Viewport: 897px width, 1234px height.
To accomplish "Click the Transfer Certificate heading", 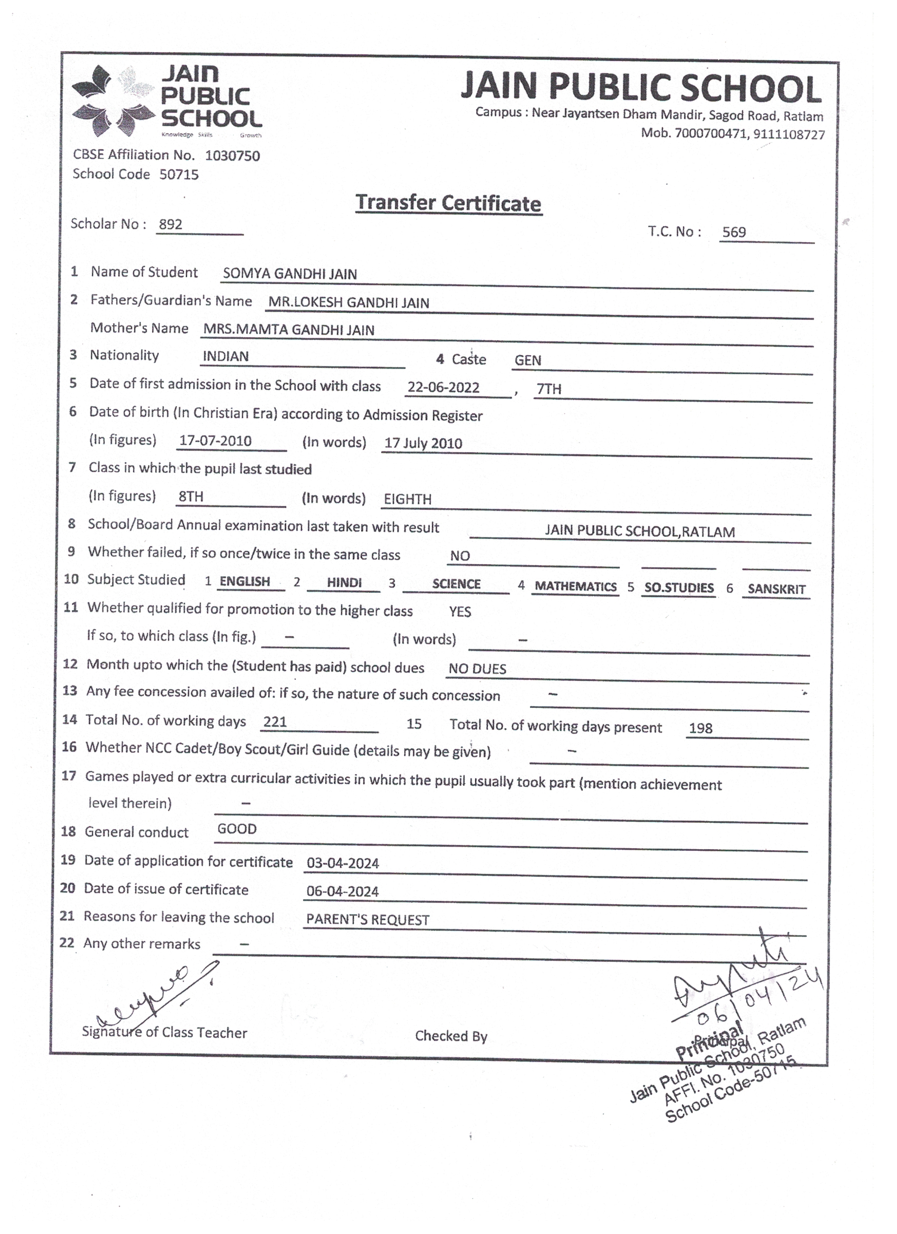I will [x=448, y=203].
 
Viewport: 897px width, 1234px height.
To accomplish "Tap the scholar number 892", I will [x=170, y=224].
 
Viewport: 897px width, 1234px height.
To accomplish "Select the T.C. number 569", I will [x=733, y=232].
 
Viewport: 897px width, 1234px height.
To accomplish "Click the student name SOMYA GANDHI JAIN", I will [x=289, y=274].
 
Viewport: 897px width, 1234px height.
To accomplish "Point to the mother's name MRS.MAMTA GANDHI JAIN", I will [x=288, y=330].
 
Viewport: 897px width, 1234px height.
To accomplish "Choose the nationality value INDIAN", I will [x=225, y=357].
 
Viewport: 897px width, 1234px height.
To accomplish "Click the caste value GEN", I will [x=528, y=361].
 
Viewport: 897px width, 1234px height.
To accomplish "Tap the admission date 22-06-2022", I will [x=443, y=388].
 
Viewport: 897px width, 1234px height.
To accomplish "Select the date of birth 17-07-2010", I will [x=215, y=441].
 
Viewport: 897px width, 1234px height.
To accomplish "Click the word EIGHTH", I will [x=407, y=499].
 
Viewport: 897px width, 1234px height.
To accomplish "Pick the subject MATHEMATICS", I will [x=575, y=587].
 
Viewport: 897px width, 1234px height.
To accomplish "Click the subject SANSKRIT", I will [x=776, y=590].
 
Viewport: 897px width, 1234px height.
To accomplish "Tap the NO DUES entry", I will [x=477, y=669].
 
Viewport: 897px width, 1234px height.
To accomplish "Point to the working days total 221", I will [x=275, y=722].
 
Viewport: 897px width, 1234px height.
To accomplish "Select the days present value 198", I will [x=700, y=729].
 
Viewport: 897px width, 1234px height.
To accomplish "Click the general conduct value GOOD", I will [x=237, y=829].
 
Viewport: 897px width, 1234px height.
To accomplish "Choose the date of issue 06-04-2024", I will [x=342, y=892].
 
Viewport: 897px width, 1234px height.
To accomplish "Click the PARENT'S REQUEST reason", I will [x=367, y=920].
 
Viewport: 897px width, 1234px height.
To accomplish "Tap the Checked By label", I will [x=451, y=1037].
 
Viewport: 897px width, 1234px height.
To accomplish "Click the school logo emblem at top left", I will [x=113, y=101].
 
